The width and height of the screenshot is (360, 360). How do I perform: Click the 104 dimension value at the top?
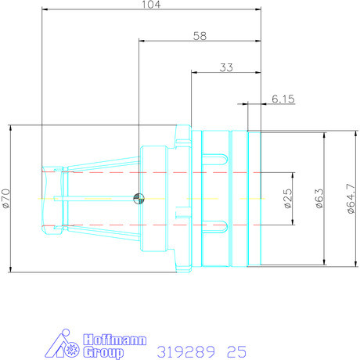(146, 5)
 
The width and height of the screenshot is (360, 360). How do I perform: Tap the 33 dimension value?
(226, 68)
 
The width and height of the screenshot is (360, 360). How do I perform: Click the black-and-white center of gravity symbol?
(139, 198)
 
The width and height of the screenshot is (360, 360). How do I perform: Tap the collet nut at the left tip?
(52, 199)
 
